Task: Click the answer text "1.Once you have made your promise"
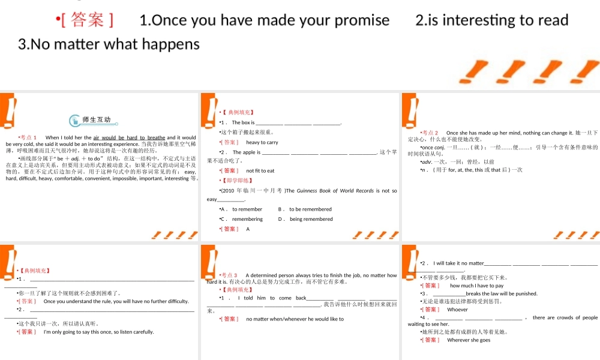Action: click(x=264, y=20)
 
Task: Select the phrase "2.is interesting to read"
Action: click(x=491, y=20)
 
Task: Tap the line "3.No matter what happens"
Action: click(x=109, y=44)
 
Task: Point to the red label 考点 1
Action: click(x=28, y=137)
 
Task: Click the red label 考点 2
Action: click(x=430, y=133)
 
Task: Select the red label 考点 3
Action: click(x=229, y=275)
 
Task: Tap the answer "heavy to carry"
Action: click(x=262, y=142)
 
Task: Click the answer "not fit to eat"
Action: click(x=260, y=171)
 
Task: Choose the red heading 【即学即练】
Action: click(x=238, y=181)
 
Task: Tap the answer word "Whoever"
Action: click(x=457, y=310)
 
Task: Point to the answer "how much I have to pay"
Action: click(x=477, y=286)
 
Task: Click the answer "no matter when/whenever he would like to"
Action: click(x=295, y=319)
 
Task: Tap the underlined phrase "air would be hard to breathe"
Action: click(x=129, y=137)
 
